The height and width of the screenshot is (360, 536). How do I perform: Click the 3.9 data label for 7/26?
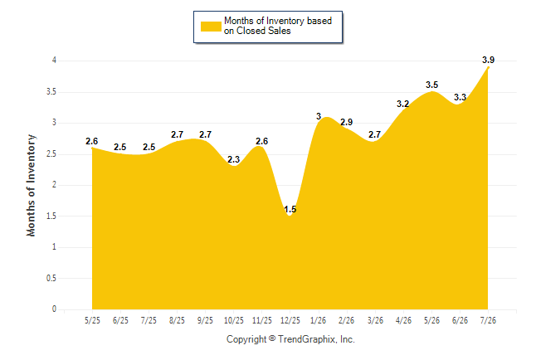pyautogui.click(x=488, y=60)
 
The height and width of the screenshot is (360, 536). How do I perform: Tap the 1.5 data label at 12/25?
pyautogui.click(x=290, y=209)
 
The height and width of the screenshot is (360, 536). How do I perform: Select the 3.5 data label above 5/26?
pyautogui.click(x=431, y=85)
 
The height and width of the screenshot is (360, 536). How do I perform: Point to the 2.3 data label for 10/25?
pyautogui.click(x=233, y=159)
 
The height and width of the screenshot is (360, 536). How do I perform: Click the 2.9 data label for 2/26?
pyautogui.click(x=346, y=122)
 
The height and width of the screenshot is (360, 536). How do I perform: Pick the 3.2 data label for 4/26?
pyautogui.click(x=402, y=104)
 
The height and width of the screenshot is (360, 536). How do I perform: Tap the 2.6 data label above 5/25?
pyautogui.click(x=91, y=141)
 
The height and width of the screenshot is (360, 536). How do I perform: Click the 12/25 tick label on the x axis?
pyautogui.click(x=290, y=320)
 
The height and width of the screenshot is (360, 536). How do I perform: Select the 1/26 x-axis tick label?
pyautogui.click(x=319, y=320)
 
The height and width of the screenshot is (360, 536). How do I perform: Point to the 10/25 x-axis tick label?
pyautogui.click(x=234, y=320)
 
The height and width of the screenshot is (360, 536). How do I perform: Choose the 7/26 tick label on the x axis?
pyautogui.click(x=488, y=320)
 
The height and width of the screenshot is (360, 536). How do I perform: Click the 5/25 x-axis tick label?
pyautogui.click(x=92, y=320)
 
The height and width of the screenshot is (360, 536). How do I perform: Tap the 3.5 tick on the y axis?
pyautogui.click(x=51, y=92)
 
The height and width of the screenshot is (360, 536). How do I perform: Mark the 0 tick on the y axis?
pyautogui.click(x=54, y=309)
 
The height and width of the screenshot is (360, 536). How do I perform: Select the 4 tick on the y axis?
pyautogui.click(x=54, y=61)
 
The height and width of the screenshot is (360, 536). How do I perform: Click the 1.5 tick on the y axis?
pyautogui.click(x=51, y=216)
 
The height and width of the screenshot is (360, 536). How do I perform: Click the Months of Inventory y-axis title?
pyautogui.click(x=31, y=185)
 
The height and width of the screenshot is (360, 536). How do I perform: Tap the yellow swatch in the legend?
pyautogui.click(x=211, y=27)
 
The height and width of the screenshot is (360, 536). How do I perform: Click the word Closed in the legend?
pyautogui.click(x=251, y=31)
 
